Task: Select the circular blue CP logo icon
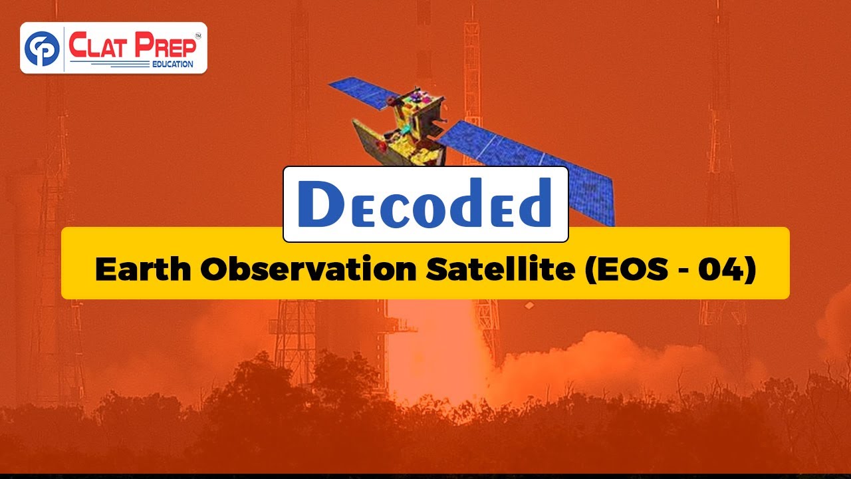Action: tap(41, 48)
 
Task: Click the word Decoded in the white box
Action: tap(425, 204)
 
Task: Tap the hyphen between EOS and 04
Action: tap(683, 270)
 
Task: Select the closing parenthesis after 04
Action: tap(751, 269)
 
